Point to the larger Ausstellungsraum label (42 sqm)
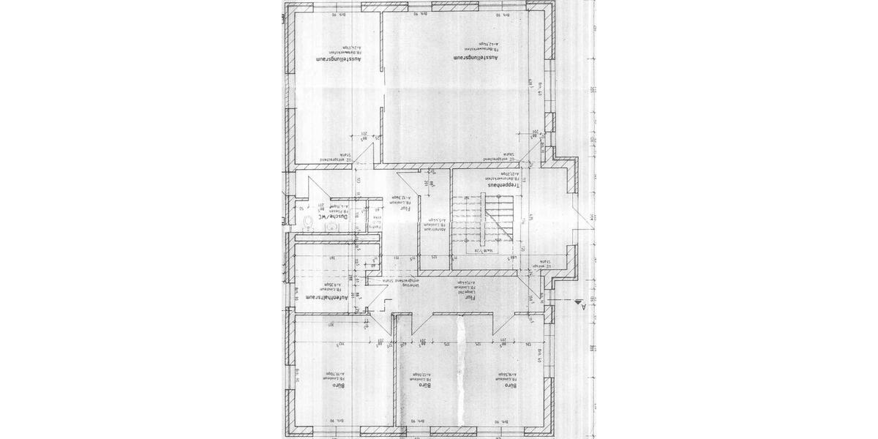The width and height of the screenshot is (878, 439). (x=476, y=56)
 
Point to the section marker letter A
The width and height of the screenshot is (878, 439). (x=583, y=307)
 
